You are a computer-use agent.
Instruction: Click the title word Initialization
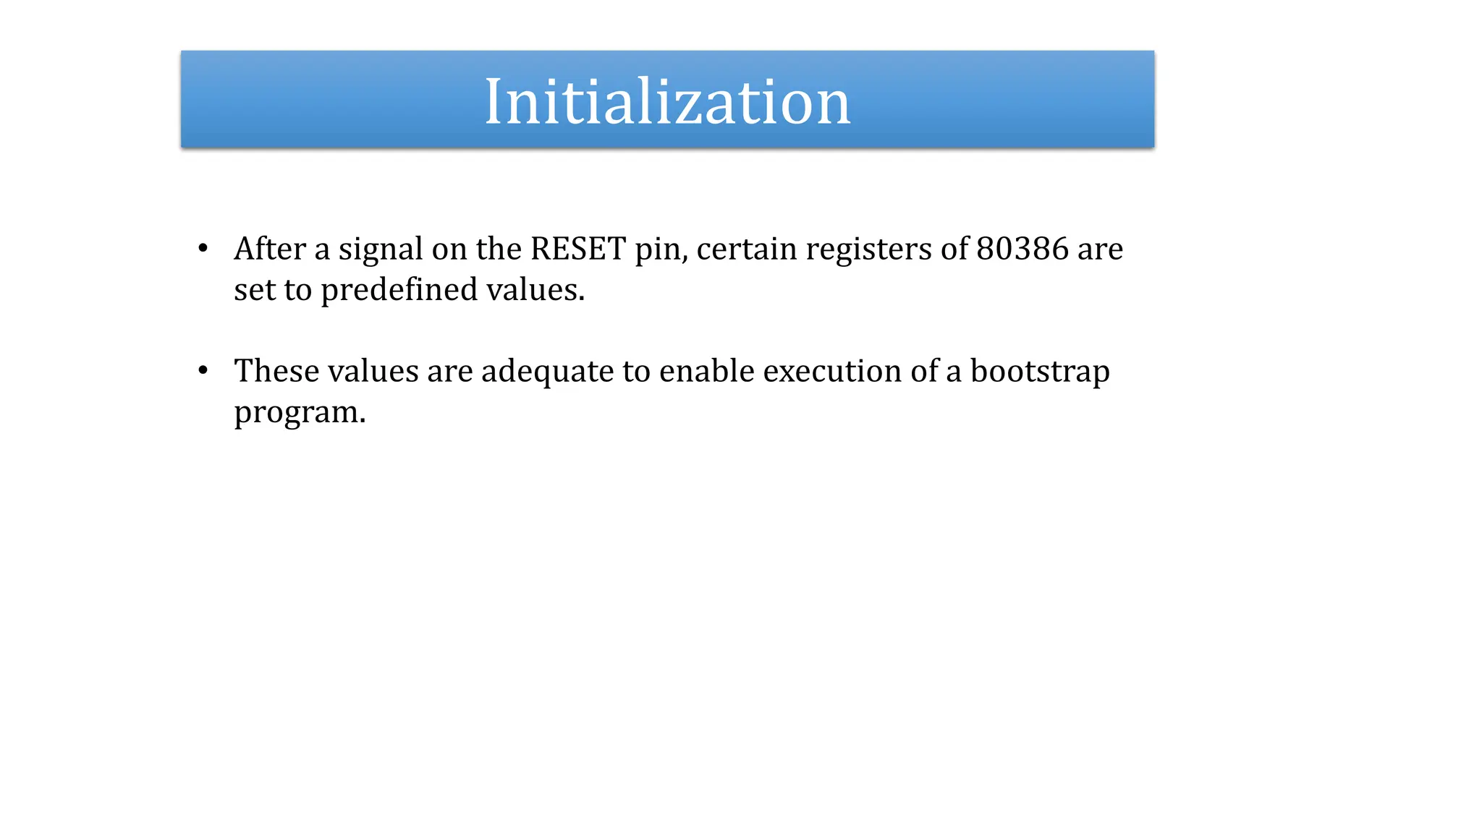coord(667,102)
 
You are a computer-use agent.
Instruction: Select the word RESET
coord(578,249)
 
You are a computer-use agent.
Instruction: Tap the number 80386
coord(1022,249)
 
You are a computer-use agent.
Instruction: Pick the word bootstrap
coord(1039,372)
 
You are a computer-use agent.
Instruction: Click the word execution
coord(831,372)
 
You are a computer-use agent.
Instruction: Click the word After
coord(270,249)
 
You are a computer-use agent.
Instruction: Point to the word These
coord(276,371)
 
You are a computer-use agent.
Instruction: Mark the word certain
coord(746,249)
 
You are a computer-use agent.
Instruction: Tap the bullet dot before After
coord(203,249)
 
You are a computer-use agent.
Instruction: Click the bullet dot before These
coord(203,371)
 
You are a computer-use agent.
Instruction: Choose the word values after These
coord(373,371)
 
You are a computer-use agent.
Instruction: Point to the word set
coord(254,290)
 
